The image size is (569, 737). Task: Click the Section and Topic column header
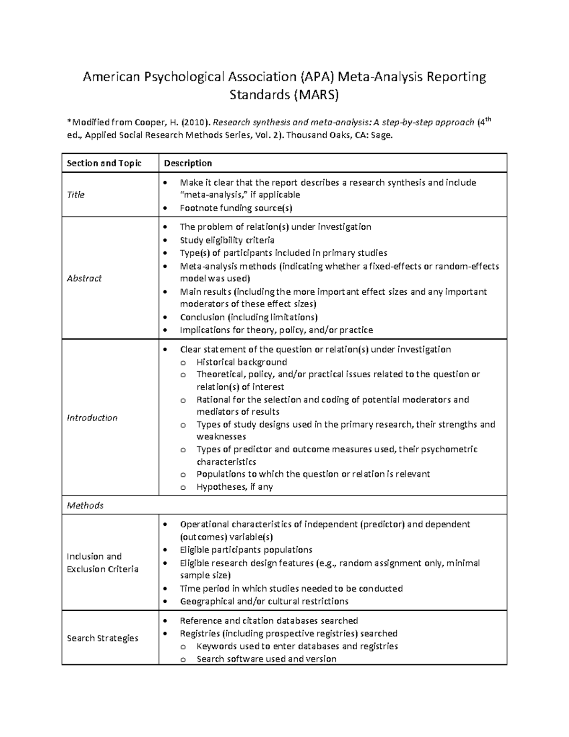tap(104, 163)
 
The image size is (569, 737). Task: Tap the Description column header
tap(188, 163)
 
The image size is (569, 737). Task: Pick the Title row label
tap(75, 195)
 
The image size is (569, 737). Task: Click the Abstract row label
tap(84, 279)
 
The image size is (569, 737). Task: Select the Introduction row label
tap(92, 418)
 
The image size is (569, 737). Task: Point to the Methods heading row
tap(85, 505)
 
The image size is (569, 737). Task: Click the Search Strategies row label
tap(102, 638)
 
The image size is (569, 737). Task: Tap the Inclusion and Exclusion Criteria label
tap(102, 563)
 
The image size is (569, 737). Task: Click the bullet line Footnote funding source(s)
tap(236, 208)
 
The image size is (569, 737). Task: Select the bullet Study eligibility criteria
tap(227, 240)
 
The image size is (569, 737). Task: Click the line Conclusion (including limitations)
tap(248, 317)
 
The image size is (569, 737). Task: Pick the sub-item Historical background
tap(242, 362)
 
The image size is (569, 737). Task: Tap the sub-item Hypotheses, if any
tap(235, 487)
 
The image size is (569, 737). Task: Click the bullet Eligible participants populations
tap(246, 550)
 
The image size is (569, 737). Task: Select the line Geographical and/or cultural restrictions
tap(264, 601)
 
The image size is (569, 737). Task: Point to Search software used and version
tap(266, 659)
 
